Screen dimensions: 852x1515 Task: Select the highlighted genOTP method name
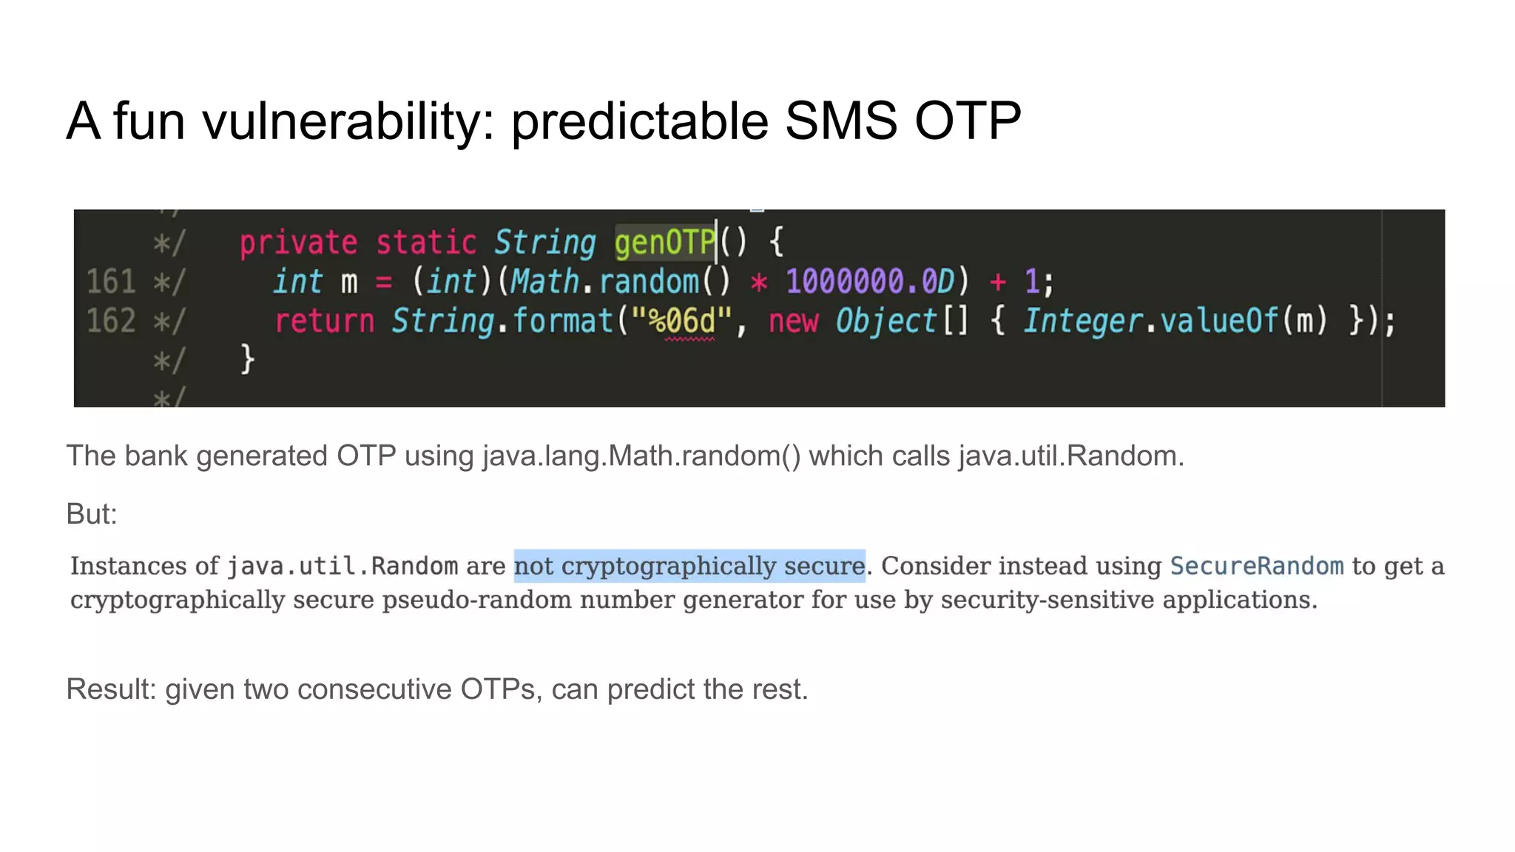point(665,243)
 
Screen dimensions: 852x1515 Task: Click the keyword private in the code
point(298,243)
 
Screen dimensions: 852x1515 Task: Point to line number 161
point(111,282)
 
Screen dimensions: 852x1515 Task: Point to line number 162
point(111,321)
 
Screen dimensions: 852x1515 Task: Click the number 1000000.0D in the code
point(870,282)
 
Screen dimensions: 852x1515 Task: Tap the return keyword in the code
point(324,321)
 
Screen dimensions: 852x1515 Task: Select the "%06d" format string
point(681,321)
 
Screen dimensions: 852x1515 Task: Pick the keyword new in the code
point(793,321)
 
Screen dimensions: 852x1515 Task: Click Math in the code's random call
point(544,282)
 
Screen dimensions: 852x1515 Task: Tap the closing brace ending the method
point(247,359)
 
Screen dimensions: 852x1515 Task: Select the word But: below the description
point(92,514)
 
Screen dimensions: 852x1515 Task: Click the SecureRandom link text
point(1256,566)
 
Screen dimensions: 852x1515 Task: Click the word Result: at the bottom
point(111,689)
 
